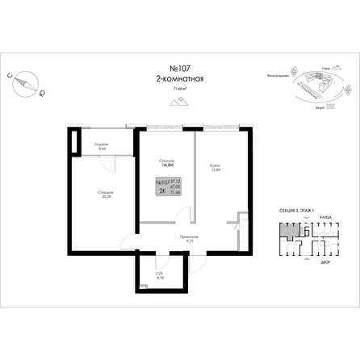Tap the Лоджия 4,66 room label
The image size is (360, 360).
point(103,148)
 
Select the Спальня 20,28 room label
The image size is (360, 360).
point(105,195)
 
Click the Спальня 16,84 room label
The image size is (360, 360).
point(168,161)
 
